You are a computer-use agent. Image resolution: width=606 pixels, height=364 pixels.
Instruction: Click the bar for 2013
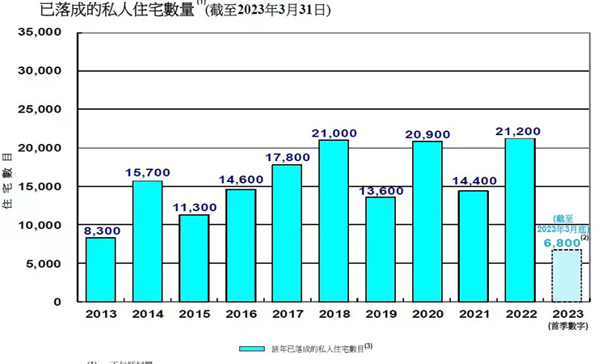point(101,269)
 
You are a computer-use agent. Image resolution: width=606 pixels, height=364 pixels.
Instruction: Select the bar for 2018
point(334,221)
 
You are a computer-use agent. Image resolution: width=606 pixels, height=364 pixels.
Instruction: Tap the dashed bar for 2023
point(566,275)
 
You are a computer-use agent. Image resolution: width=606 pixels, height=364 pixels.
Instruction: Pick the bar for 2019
point(380,249)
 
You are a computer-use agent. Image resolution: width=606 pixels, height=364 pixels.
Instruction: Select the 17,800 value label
point(287,156)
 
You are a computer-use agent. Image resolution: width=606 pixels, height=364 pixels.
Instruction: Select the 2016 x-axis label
point(240,314)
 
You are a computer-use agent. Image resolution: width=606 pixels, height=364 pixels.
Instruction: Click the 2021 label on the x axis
point(473,314)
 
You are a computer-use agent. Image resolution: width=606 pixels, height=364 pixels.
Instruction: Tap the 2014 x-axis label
point(147,314)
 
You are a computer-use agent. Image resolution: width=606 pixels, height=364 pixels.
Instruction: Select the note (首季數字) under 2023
point(566,326)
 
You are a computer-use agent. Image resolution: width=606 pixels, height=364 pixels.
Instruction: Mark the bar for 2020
point(427,221)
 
